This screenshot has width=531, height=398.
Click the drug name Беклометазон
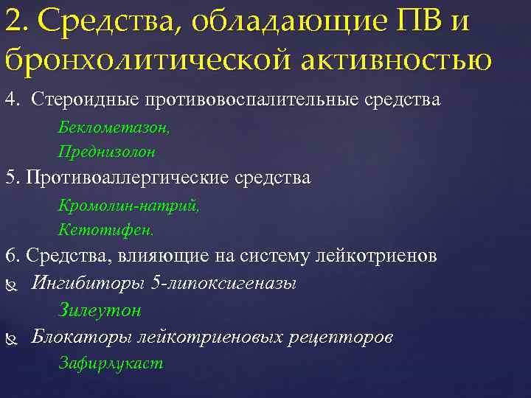coord(114,128)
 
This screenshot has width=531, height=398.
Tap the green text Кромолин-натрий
coord(128,207)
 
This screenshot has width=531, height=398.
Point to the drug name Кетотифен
coord(106,231)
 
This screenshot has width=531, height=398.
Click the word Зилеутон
coord(100,310)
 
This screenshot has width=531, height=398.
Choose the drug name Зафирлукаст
coord(111,363)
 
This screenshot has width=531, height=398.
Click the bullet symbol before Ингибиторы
coord(10,284)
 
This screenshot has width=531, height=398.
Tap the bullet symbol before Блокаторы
coord(10,338)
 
